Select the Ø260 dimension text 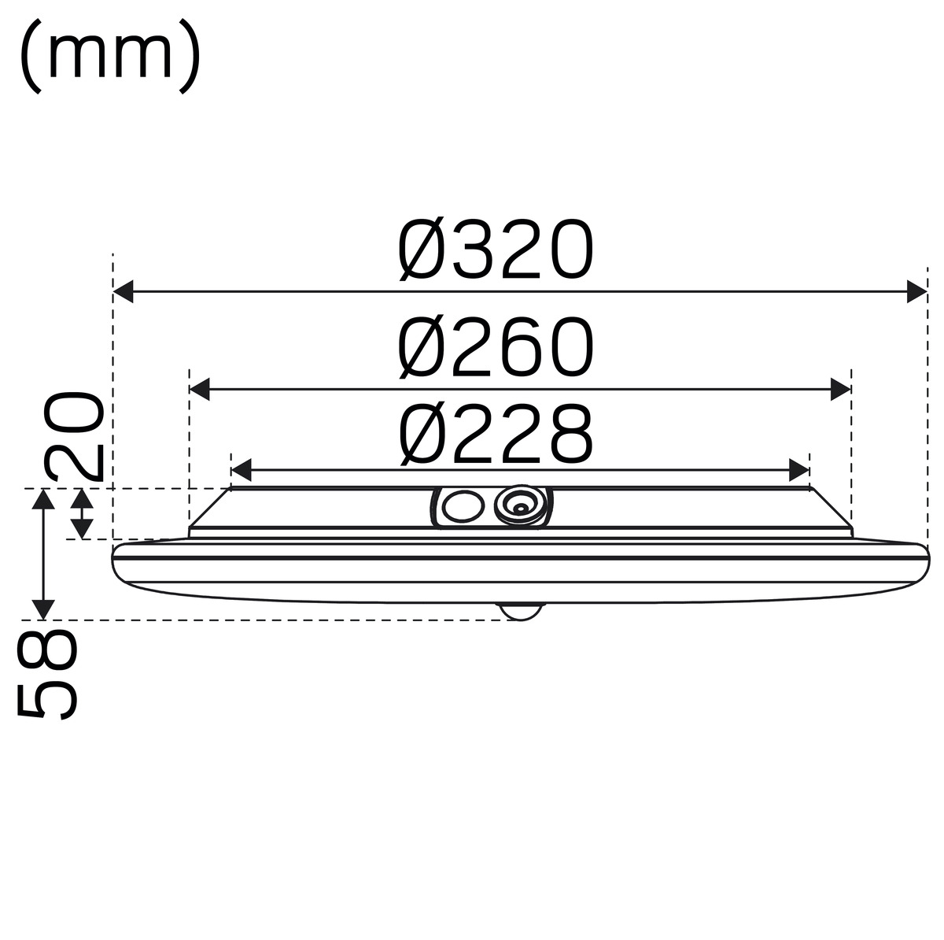(x=496, y=347)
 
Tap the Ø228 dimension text (x=496, y=433)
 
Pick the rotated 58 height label (x=47, y=675)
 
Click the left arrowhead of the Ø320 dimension (x=124, y=292)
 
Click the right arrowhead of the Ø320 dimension (x=916, y=292)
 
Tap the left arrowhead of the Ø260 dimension (x=199, y=390)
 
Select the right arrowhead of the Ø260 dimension (x=841, y=390)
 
